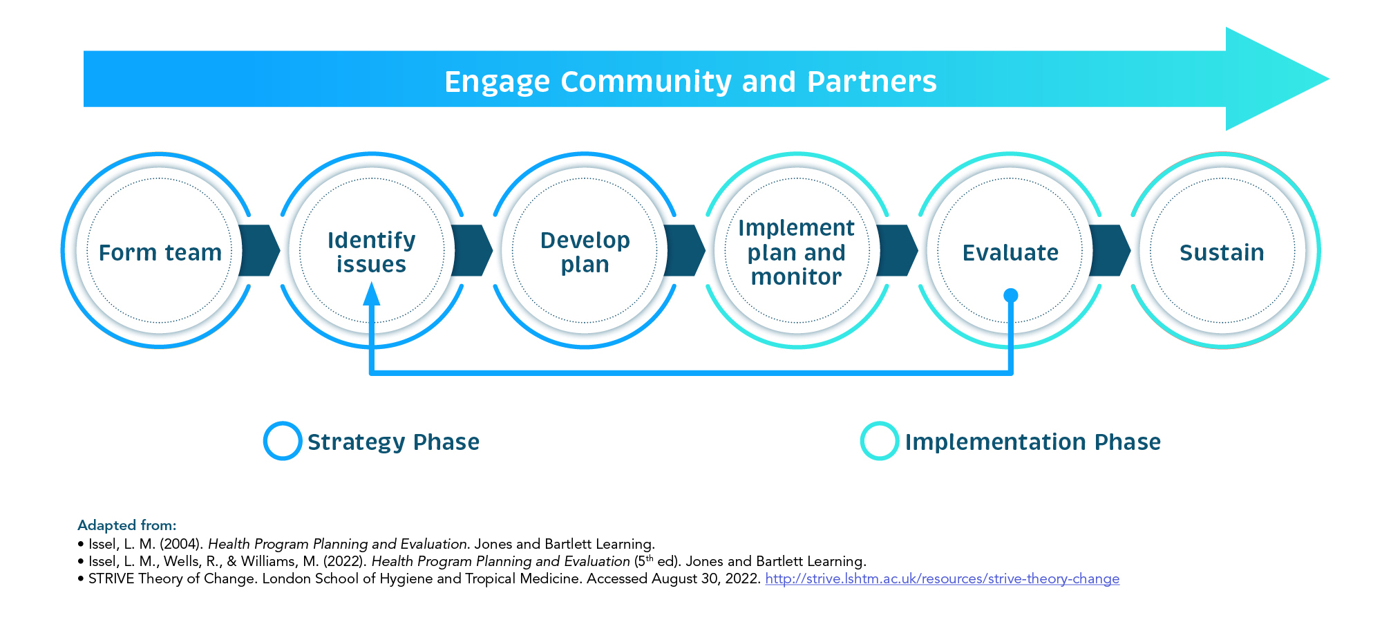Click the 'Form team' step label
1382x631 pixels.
(x=160, y=252)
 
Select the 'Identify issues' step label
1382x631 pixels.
(x=371, y=252)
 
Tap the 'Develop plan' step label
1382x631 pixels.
(x=585, y=252)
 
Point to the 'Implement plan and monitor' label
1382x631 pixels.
(x=796, y=252)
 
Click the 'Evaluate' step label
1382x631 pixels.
(x=1010, y=252)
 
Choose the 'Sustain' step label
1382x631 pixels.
(x=1222, y=252)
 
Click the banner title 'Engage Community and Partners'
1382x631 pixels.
(x=690, y=82)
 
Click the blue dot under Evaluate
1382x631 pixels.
(x=1010, y=296)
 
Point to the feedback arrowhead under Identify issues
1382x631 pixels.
(x=372, y=295)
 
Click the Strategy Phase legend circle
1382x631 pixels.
(x=283, y=441)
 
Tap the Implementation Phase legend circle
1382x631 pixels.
(x=880, y=441)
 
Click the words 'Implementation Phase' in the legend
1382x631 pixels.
(x=1032, y=442)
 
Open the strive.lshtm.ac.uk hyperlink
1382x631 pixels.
(x=942, y=578)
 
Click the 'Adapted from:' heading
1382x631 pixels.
(x=127, y=525)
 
